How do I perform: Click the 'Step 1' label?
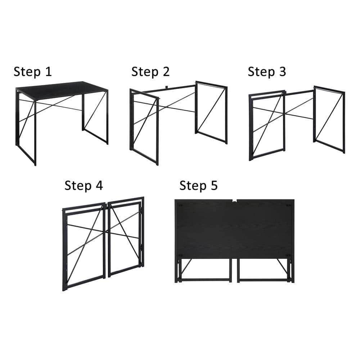[x=33, y=72]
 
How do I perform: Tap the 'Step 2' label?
[x=150, y=72]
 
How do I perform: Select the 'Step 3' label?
[x=266, y=72]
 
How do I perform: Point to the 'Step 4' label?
[x=84, y=186]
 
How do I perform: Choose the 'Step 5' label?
[x=198, y=186]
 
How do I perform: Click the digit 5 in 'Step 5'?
[x=214, y=186]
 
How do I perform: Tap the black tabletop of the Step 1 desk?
[x=61, y=88]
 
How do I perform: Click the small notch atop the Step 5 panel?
[x=234, y=201]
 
